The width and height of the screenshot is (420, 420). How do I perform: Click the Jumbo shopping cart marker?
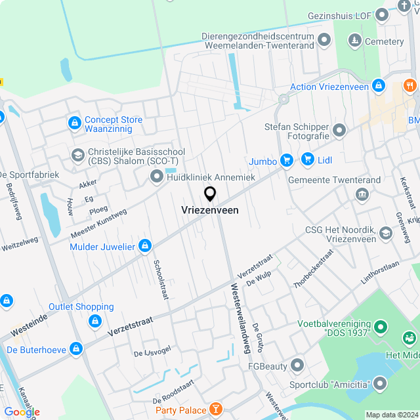(x=286, y=160)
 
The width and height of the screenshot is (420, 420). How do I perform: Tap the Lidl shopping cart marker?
(x=307, y=159)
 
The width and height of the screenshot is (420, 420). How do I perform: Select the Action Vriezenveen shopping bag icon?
(x=378, y=86)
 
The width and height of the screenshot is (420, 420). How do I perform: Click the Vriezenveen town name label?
(x=210, y=211)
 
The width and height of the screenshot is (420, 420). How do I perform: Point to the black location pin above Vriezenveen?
(x=210, y=194)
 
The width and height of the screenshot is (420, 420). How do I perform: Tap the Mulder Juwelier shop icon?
(x=145, y=247)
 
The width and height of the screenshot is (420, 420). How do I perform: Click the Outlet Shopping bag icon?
(x=95, y=321)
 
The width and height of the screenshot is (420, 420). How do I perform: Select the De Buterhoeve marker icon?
(x=76, y=349)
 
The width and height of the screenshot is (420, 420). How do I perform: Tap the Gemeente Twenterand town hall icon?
(x=361, y=194)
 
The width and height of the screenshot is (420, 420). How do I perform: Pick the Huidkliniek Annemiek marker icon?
(x=156, y=176)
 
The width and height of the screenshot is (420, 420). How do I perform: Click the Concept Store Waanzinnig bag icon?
(x=74, y=123)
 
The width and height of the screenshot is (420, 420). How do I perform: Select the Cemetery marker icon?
(x=354, y=41)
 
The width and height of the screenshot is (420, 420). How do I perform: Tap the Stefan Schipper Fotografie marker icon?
(x=339, y=131)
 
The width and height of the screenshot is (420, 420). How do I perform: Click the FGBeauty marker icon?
(x=297, y=365)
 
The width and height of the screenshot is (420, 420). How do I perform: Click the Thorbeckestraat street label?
(x=314, y=268)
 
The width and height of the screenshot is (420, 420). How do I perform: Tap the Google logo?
(x=22, y=411)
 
